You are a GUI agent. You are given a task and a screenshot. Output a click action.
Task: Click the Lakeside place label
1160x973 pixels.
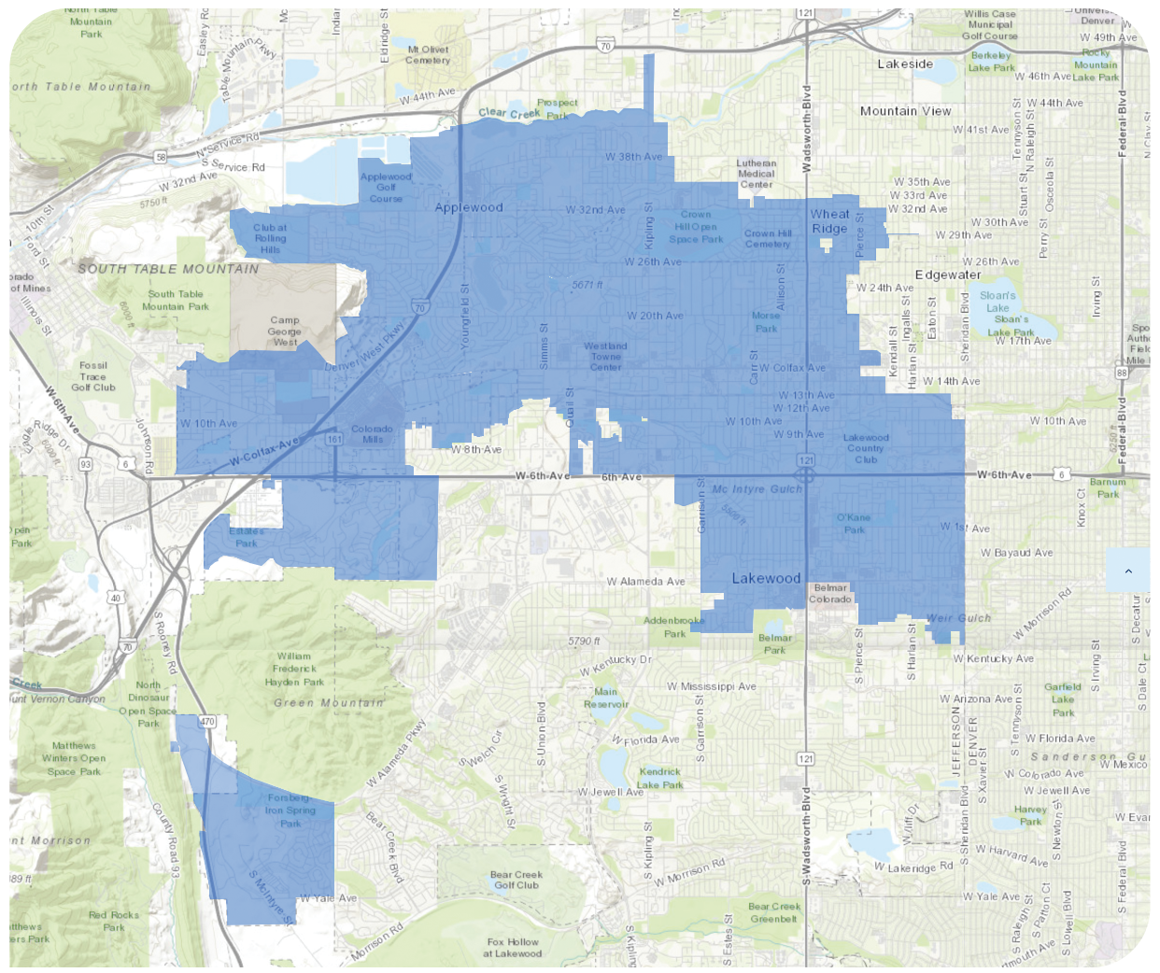(904, 64)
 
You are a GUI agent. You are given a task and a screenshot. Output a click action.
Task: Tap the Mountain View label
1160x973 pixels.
(905, 111)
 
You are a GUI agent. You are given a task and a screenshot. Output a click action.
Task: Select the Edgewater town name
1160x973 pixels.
(947, 275)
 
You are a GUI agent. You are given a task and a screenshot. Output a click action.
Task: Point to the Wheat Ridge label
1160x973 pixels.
(829, 221)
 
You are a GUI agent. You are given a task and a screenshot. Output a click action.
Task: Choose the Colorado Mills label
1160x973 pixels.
(372, 434)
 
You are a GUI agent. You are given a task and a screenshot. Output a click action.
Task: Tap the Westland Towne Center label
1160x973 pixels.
(605, 357)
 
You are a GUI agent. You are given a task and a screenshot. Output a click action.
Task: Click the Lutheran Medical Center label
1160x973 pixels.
(756, 174)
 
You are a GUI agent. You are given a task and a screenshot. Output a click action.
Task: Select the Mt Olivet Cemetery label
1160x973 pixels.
(428, 55)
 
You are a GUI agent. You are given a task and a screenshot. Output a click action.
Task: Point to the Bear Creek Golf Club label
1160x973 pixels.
(516, 880)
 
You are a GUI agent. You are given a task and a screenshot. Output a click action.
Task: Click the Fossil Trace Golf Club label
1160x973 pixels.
(93, 376)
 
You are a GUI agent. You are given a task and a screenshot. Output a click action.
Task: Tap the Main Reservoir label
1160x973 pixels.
(605, 698)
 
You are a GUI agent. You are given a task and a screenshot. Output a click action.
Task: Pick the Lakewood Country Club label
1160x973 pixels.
(866, 448)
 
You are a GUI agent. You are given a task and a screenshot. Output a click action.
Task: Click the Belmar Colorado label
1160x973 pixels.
(829, 594)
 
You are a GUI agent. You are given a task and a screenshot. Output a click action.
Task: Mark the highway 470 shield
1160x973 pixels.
(207, 721)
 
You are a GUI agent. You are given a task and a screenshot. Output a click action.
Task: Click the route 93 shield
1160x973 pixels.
(86, 464)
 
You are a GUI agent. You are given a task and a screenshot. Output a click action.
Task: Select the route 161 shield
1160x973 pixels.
(334, 439)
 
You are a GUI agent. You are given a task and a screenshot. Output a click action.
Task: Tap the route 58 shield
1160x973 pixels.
(162, 158)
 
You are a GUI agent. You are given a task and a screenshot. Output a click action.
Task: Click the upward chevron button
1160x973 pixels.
(1127, 571)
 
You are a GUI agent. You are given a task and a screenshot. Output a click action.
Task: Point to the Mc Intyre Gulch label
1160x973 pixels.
(757, 489)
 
